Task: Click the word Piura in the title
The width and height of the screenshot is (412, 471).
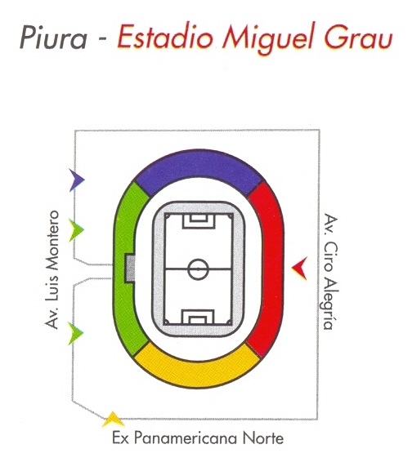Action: click(x=53, y=38)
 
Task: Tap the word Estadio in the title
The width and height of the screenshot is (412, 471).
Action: click(x=165, y=37)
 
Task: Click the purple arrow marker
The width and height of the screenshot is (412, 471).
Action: click(x=77, y=180)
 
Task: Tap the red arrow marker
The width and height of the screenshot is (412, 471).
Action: click(x=300, y=269)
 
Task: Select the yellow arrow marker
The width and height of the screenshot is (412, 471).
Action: click(x=113, y=419)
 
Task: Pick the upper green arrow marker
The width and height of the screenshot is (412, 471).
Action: click(x=76, y=230)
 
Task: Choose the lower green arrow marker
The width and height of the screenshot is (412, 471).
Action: click(x=75, y=333)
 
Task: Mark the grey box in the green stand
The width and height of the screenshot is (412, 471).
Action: click(x=130, y=269)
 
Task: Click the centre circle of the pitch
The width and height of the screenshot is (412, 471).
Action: click(x=198, y=269)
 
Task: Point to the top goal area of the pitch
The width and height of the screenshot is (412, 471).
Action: click(x=199, y=220)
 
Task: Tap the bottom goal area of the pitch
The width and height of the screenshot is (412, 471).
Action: click(x=198, y=317)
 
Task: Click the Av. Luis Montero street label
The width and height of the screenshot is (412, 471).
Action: click(x=51, y=269)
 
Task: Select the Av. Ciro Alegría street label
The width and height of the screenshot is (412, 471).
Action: click(x=331, y=272)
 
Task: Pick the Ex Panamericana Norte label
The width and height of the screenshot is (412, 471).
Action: click(x=198, y=438)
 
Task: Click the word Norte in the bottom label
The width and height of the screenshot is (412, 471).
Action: click(x=263, y=438)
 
